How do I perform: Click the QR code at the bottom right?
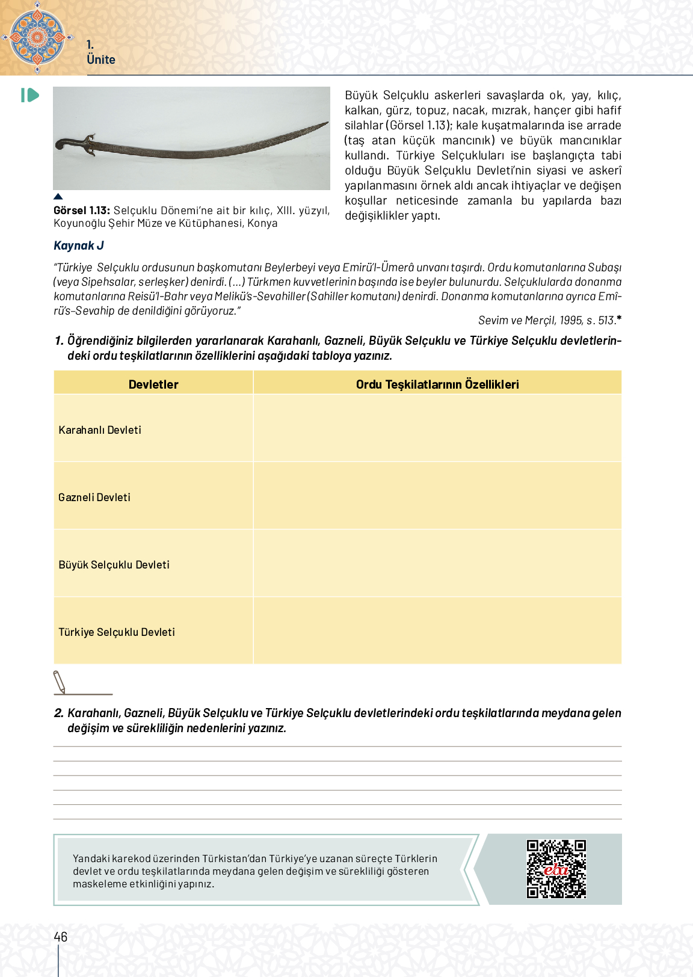pos(556,869)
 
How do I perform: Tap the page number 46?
pos(61,937)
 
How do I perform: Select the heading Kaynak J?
pos(79,245)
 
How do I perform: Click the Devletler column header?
pos(153,384)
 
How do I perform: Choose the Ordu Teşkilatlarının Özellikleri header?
pos(437,384)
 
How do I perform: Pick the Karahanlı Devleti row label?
pos(100,430)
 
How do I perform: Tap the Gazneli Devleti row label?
pos(94,498)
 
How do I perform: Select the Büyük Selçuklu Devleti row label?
pos(114,565)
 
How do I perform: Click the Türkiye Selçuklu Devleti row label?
pos(117,632)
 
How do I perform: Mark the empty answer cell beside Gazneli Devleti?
pos(437,496)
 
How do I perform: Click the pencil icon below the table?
pos(60,682)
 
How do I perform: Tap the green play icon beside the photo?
pos(30,95)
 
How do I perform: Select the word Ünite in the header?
pos(101,60)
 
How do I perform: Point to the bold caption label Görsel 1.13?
pos(82,211)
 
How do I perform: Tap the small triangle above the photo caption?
pos(58,197)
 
